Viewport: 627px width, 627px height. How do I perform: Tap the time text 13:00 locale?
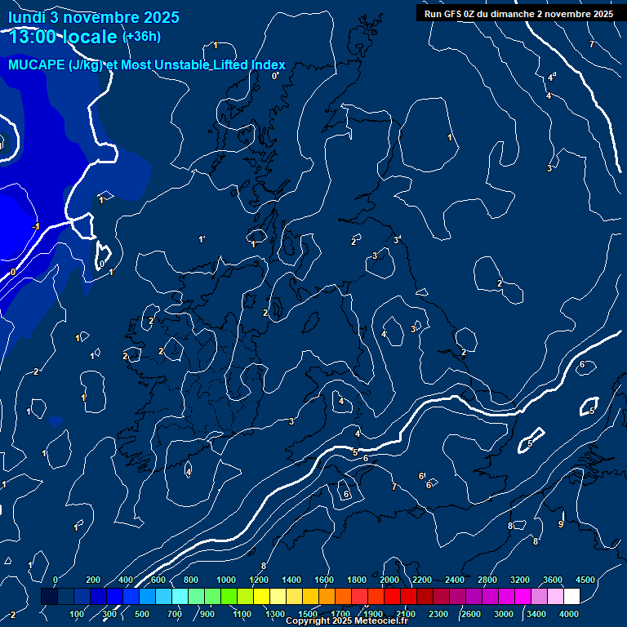63,36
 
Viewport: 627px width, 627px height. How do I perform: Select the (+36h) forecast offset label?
141,36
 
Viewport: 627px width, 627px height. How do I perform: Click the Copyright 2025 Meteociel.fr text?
346,621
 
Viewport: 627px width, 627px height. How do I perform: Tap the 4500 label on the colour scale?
585,580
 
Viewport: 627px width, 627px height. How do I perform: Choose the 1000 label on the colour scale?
226,580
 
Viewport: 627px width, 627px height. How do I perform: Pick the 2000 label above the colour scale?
389,580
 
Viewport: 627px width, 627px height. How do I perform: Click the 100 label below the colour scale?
78,614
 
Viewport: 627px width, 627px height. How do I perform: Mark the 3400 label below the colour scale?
536,614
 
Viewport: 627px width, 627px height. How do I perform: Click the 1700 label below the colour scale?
340,614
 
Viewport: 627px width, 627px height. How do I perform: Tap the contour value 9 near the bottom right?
560,523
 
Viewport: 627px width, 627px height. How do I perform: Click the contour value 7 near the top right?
592,45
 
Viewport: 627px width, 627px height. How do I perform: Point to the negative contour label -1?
34,226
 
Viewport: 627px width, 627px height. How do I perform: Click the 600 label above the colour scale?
158,580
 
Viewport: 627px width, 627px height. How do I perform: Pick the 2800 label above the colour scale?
487,580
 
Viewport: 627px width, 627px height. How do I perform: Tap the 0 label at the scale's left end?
55,580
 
